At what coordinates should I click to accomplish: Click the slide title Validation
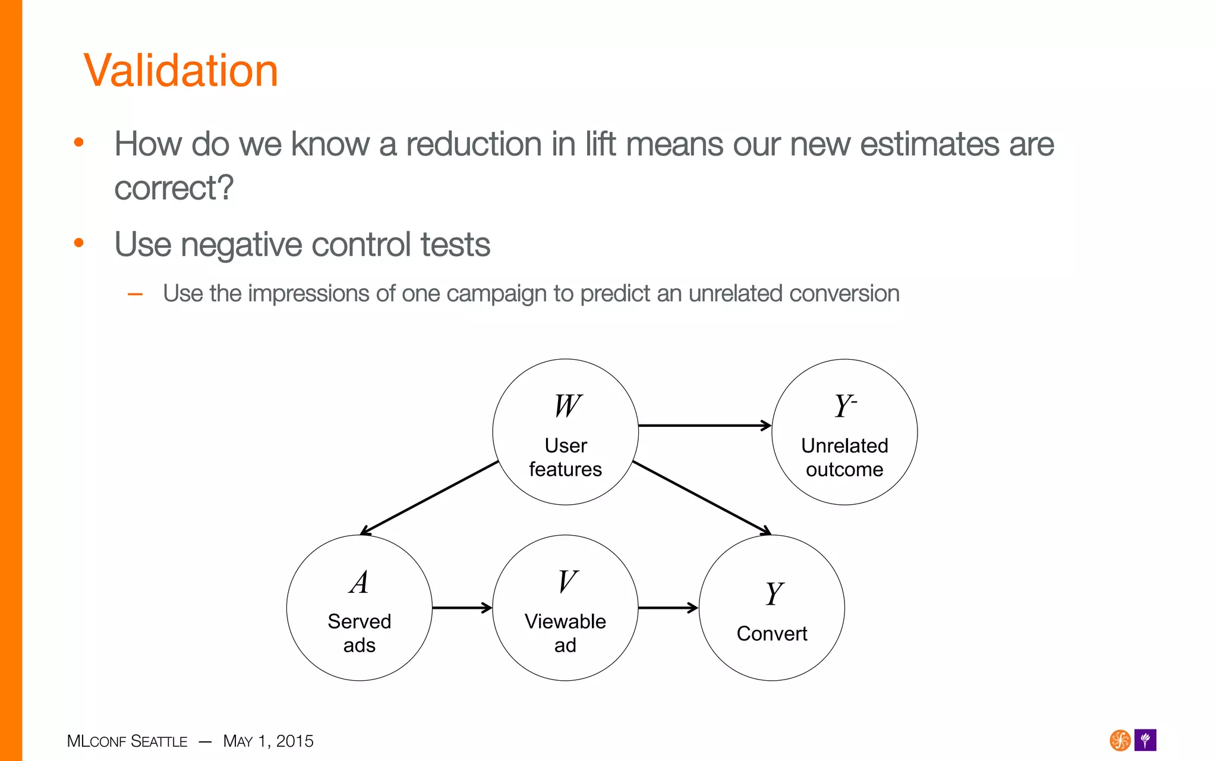[x=181, y=71]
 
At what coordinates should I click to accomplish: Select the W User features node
[x=565, y=432]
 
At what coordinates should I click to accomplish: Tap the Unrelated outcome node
[x=844, y=432]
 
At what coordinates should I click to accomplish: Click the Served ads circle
[x=359, y=608]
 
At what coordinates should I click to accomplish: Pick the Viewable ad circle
[x=565, y=608]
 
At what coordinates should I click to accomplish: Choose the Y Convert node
[x=771, y=608]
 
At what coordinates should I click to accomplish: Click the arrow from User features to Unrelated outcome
[x=704, y=426]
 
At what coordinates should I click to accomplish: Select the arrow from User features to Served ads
[x=430, y=498]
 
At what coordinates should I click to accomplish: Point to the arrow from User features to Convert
[x=702, y=498]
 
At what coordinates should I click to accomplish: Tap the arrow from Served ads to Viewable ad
[x=462, y=608]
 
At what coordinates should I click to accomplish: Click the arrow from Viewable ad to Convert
[x=667, y=608]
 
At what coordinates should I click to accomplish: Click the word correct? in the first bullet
[x=174, y=188]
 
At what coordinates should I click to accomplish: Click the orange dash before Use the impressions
[x=135, y=294]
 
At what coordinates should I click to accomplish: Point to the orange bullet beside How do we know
[x=78, y=143]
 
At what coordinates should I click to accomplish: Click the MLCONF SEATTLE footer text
[x=127, y=741]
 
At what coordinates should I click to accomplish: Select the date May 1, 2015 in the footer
[x=268, y=741]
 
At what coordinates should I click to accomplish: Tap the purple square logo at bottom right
[x=1145, y=740]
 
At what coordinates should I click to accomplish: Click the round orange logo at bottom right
[x=1120, y=740]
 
